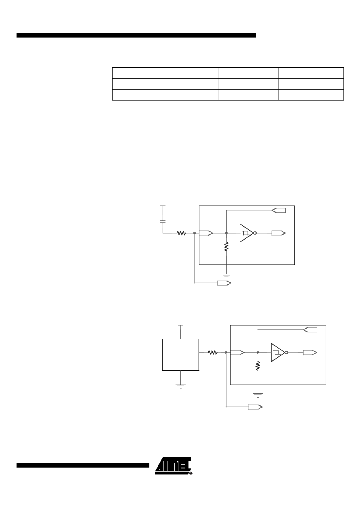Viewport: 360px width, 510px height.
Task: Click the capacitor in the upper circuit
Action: click(163, 221)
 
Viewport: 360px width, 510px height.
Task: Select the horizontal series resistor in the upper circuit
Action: click(181, 233)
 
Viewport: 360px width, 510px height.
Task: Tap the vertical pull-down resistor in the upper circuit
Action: click(226, 247)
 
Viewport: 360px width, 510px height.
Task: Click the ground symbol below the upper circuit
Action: click(226, 276)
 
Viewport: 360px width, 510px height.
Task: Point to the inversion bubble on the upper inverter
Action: click(255, 233)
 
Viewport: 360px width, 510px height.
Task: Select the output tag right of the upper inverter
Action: click(278, 233)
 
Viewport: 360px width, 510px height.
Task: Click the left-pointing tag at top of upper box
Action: click(278, 210)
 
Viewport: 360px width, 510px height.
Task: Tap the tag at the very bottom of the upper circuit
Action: click(224, 283)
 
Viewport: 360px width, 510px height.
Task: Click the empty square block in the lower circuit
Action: click(180, 355)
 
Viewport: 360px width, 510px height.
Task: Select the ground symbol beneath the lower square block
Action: click(180, 386)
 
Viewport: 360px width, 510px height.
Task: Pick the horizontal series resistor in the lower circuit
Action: click(213, 353)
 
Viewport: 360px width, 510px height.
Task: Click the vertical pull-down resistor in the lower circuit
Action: click(258, 366)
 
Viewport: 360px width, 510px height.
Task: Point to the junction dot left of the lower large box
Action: click(226, 353)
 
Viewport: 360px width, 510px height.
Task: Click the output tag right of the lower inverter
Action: click(310, 353)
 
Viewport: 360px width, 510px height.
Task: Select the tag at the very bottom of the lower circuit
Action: click(255, 407)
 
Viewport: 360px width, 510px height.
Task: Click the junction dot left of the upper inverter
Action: click(226, 233)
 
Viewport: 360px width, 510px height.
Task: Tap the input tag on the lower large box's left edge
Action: click(238, 353)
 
